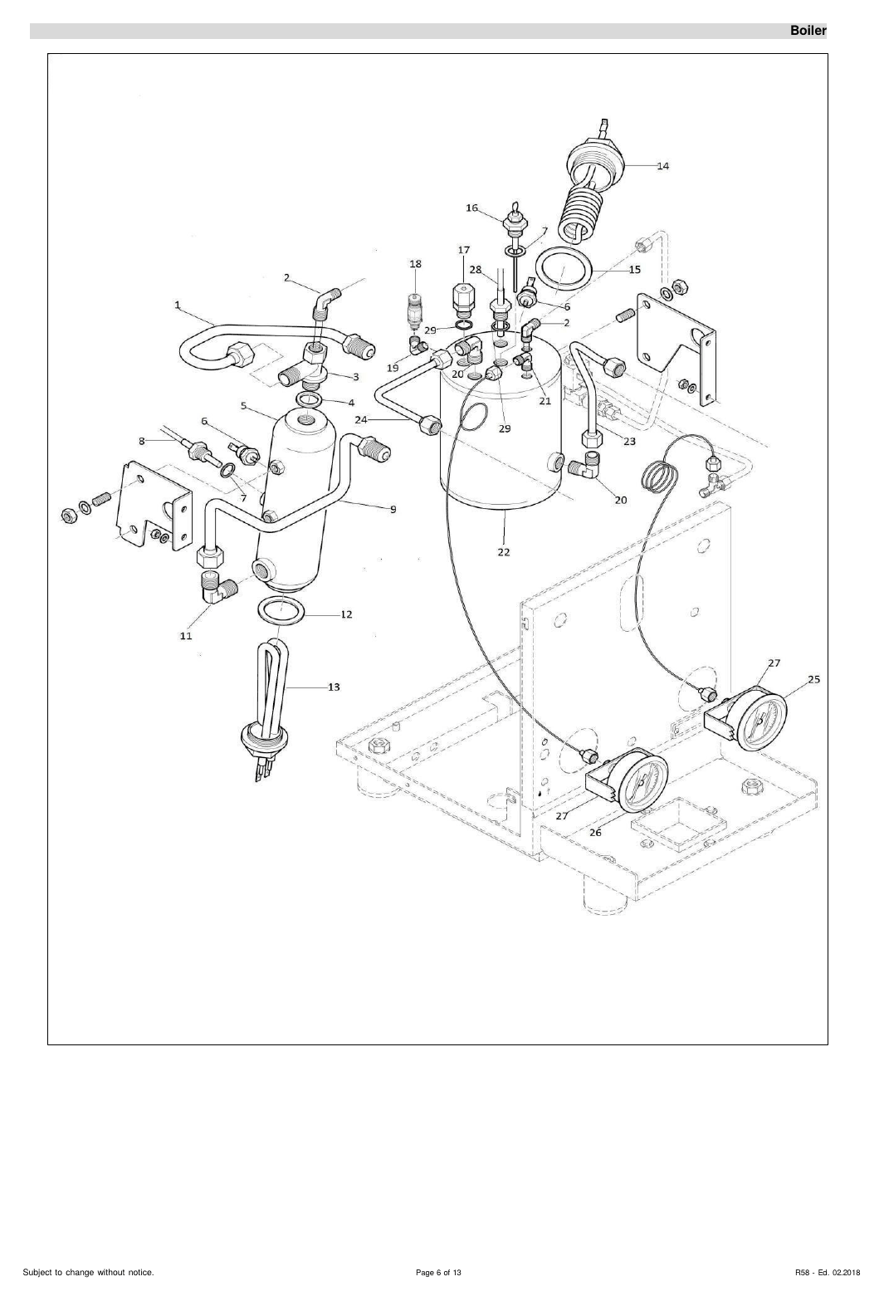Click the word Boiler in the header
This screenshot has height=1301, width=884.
[808, 32]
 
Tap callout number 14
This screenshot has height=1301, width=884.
[662, 166]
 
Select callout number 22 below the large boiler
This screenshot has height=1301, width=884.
[504, 552]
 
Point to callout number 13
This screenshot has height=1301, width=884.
[334, 687]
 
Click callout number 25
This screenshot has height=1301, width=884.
[814, 679]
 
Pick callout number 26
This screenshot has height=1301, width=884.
[595, 832]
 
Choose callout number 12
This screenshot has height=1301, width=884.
[346, 614]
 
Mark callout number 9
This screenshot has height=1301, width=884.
[393, 510]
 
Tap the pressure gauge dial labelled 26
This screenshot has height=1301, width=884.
[643, 780]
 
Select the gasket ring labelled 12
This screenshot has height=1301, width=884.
[281, 611]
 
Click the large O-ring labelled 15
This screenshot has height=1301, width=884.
[564, 267]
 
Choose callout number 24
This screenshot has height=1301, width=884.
[361, 419]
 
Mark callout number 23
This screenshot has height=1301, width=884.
[629, 442]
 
